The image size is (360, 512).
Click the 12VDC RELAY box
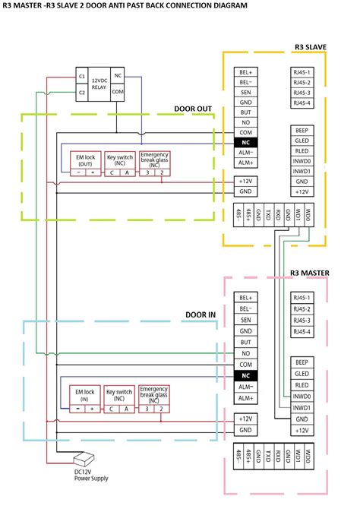pos(99,84)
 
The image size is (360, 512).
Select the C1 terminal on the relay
pos(81,76)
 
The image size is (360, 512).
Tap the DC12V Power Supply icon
pos(83,460)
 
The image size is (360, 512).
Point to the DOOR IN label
pos(201,314)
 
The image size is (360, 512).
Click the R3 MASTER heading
pos(308,273)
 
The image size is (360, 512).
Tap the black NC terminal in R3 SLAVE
pos(245,142)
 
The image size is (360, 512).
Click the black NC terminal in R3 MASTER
pos(245,375)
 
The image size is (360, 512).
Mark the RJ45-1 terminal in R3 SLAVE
pos(302,72)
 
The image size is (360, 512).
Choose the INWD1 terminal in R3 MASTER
pos(302,407)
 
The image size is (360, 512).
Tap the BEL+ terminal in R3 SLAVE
pos(245,72)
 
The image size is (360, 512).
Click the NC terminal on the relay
pos(118,76)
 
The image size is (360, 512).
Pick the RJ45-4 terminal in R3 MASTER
pos(302,331)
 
